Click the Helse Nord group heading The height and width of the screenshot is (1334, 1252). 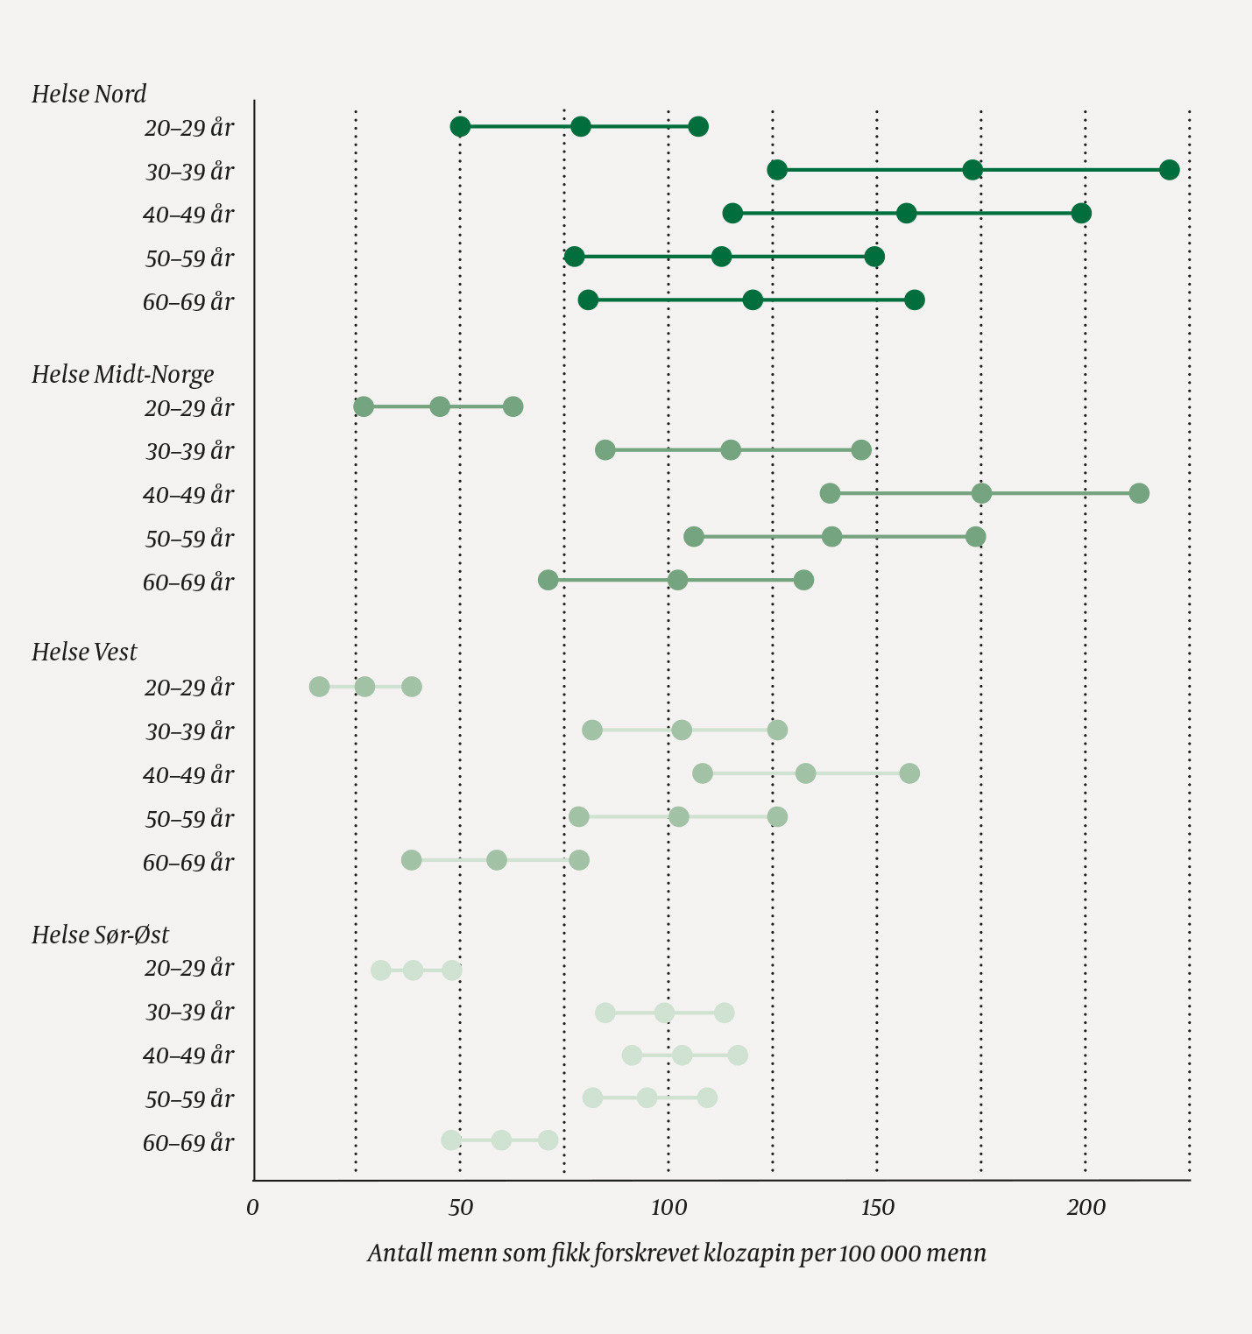[88, 94]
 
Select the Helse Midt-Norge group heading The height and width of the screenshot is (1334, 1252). [123, 374]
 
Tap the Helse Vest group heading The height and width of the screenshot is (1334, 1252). [84, 652]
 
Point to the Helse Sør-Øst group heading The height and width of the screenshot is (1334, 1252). [100, 935]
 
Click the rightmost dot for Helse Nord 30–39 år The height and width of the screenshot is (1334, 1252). [1169, 170]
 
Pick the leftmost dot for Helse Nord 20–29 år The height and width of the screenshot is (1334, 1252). [460, 127]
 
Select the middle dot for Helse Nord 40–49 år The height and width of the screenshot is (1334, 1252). [907, 214]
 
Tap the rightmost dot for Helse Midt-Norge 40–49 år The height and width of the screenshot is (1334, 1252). [1139, 493]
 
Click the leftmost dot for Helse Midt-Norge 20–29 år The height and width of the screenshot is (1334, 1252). [364, 406]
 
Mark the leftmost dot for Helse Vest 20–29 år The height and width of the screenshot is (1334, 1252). [319, 687]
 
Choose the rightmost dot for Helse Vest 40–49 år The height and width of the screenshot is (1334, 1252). [909, 773]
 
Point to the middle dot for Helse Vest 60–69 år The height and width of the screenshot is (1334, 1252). [497, 860]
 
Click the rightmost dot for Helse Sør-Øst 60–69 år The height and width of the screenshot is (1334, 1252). [548, 1140]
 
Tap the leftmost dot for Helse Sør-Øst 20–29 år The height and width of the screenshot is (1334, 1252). [380, 971]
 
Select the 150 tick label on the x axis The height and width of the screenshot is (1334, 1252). [877, 1208]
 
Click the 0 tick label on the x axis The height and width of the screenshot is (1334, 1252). [252, 1208]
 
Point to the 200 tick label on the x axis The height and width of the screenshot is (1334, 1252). [1086, 1208]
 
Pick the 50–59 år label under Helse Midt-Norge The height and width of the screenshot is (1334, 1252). [189, 539]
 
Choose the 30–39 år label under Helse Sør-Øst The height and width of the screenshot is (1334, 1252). [189, 1012]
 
